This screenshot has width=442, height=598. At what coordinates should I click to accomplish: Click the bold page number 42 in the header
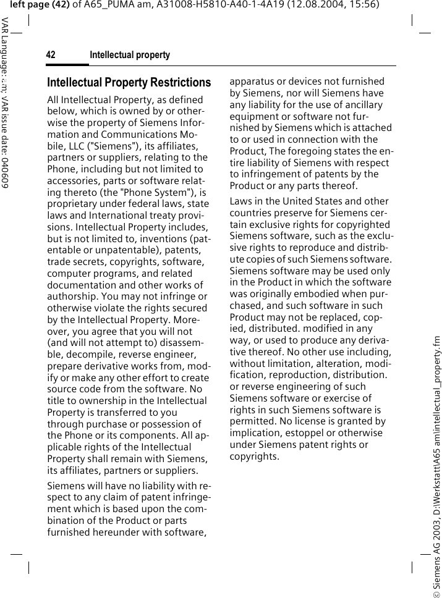tap(51, 56)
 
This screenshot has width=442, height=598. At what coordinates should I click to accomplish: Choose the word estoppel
tap(305, 434)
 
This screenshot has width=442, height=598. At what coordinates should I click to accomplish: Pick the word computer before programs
tap(69, 273)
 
